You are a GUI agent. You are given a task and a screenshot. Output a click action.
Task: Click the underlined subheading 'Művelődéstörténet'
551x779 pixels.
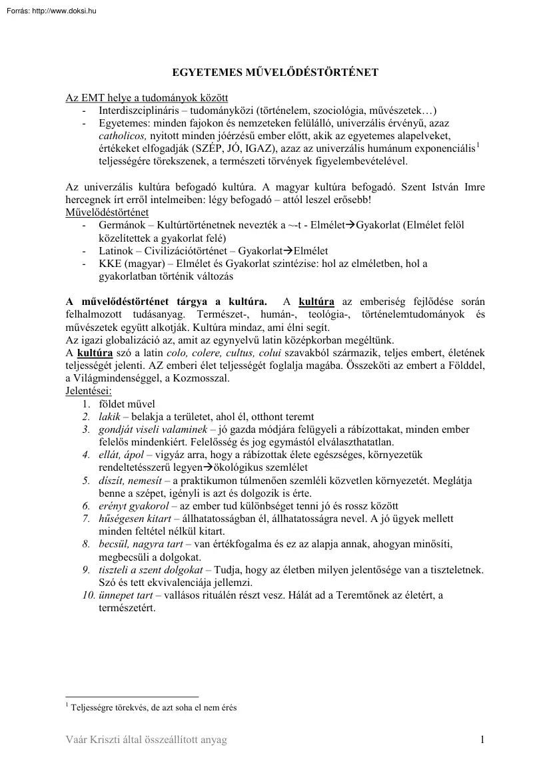point(107,213)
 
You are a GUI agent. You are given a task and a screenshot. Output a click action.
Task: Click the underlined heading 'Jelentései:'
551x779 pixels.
point(89,391)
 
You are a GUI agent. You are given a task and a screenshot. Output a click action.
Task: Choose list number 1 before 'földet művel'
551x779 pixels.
point(87,403)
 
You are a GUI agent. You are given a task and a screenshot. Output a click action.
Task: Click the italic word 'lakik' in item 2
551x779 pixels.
point(110,416)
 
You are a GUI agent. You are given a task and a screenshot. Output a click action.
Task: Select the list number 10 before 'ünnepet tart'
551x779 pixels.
point(88,595)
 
